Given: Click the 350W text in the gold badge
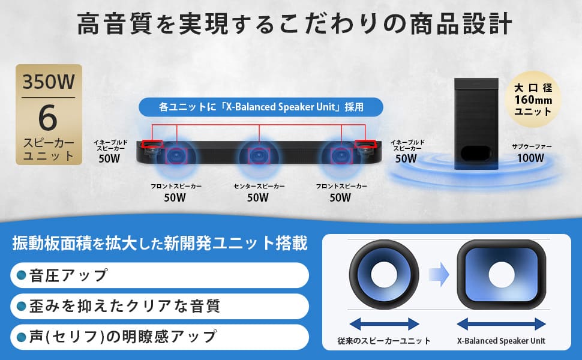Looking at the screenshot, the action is coord(49,82).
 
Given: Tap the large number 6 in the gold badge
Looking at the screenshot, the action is coord(48,118).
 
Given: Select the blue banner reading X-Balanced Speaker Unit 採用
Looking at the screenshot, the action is coord(261,107).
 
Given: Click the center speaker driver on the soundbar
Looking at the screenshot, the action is coord(259,156).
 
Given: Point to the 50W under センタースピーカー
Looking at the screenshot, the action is coord(258,197).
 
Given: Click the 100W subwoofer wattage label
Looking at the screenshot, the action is coord(531,158).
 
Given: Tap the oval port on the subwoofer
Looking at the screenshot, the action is coord(476,153).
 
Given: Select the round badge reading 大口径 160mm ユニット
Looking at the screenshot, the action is coord(533,100).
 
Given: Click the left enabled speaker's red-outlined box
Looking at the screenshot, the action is coord(152,143).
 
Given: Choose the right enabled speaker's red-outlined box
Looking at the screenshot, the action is coord(365,143).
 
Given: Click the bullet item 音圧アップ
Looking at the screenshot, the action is coord(160,275).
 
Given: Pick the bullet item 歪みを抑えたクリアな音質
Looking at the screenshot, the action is coord(160,306).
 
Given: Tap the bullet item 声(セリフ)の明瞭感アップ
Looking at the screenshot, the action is coord(160,337).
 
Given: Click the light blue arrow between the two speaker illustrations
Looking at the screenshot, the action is coord(439,275).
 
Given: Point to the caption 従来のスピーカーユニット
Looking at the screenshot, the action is coord(384,341).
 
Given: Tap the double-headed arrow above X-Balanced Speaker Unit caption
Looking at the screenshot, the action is coord(501,324).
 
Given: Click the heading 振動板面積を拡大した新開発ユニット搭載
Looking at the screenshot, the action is coord(160,244).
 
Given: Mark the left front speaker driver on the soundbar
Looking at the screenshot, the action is coord(176,156).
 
